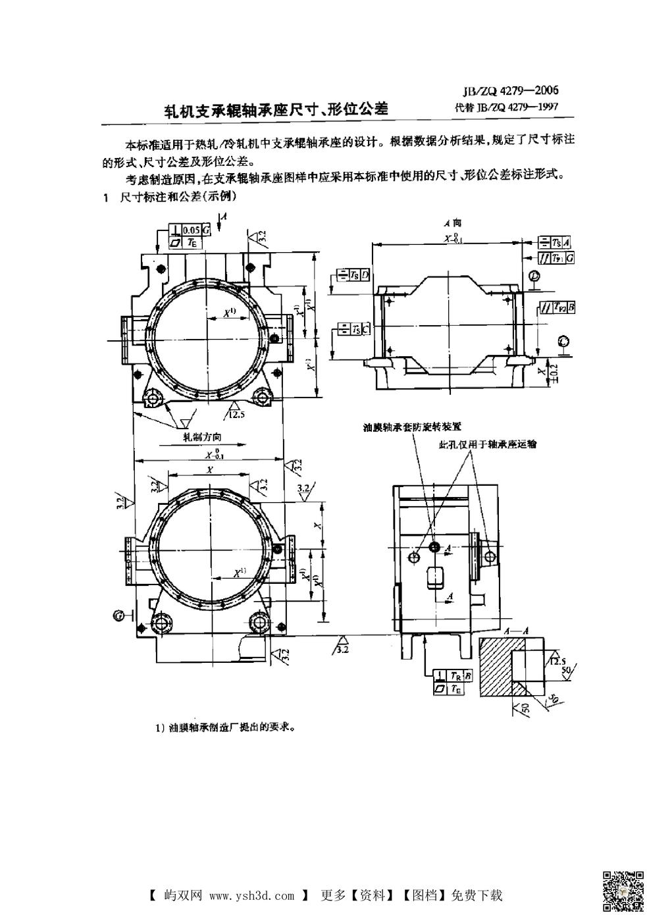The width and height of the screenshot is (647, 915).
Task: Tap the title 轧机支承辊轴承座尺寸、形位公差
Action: [x=276, y=109]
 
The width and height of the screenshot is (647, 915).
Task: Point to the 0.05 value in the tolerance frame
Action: [x=192, y=230]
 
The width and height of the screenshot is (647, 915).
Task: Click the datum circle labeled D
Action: [x=534, y=276]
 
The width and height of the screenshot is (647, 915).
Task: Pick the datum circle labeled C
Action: [x=563, y=340]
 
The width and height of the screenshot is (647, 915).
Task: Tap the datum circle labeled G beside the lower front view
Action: [x=118, y=615]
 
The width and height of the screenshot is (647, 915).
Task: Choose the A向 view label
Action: [x=452, y=224]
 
